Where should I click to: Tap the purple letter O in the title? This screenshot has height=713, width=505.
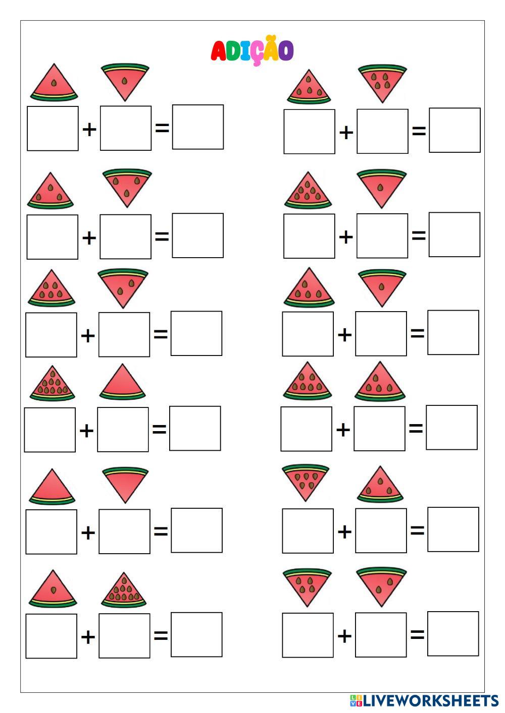pos(286,50)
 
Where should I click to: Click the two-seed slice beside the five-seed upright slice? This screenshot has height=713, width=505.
pos(123,287)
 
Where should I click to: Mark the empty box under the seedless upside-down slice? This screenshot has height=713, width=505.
pos(124,531)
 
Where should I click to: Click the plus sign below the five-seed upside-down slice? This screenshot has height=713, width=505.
pos(346,133)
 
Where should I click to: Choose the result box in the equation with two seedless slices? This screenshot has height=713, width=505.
pos(196,530)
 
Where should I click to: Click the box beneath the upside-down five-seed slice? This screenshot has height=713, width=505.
pos(382,131)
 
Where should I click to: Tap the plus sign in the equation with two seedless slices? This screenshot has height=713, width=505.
pos(88,532)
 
